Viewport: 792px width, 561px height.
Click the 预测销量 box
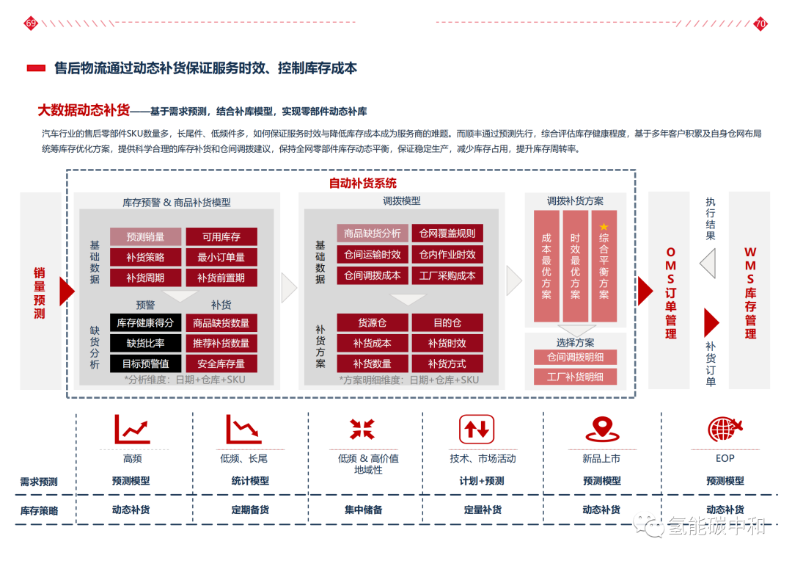pos(145,236)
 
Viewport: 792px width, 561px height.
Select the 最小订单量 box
pos(221,257)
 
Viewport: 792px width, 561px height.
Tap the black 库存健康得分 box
pos(145,322)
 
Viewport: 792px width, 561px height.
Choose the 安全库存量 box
pos(221,363)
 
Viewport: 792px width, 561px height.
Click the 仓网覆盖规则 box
pos(447,234)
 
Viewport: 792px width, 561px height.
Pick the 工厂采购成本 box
pos(447,275)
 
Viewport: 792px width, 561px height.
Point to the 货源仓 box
pos(373,322)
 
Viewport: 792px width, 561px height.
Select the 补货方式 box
pos(447,363)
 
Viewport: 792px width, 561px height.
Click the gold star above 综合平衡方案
pos(604,227)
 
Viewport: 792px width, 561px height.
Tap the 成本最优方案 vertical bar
pos(546,266)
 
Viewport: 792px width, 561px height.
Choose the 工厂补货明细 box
pos(575,377)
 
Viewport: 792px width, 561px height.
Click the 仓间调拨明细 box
pos(575,358)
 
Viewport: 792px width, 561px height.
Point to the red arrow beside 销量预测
pos(67,292)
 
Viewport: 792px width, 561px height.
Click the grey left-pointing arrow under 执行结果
pos(708,263)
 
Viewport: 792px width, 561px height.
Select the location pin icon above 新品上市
pos(602,430)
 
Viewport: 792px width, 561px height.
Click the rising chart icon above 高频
pos(132,430)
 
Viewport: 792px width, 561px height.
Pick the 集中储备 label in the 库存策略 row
pos(364,510)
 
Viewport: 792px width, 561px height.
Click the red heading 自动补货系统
pos(363,183)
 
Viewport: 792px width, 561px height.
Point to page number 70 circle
pos(760,23)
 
